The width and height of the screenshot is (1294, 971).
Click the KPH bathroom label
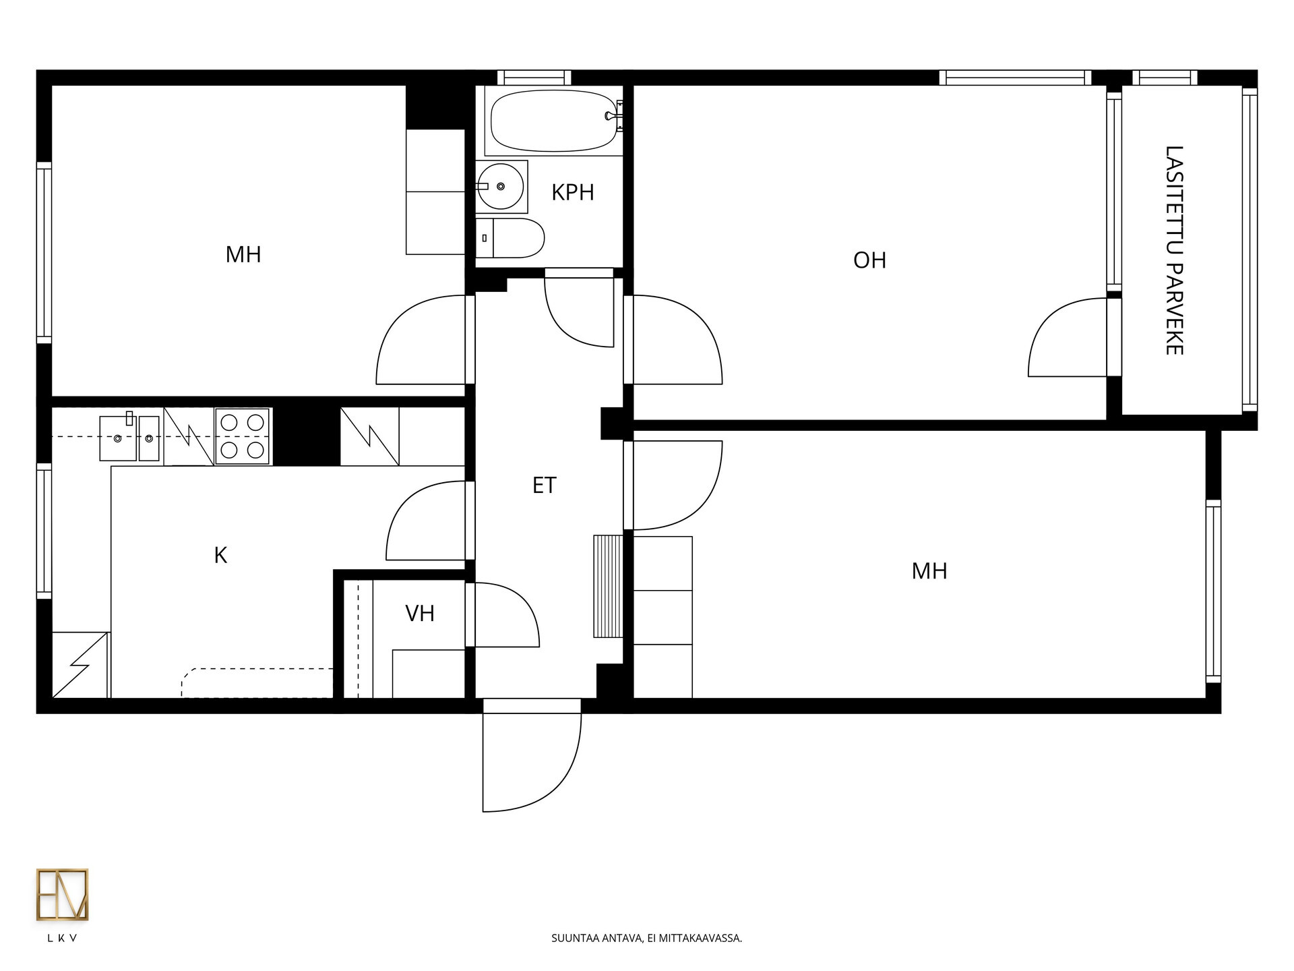point(573,193)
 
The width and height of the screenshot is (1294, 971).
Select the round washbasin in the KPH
point(501,186)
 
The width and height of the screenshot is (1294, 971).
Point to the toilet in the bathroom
point(510,238)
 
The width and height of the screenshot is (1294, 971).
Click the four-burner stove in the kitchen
point(243,436)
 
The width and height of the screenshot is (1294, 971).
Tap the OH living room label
point(869,260)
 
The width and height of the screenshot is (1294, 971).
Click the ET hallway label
point(545,486)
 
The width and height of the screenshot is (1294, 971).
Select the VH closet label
point(420,614)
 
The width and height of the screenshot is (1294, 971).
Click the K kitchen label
point(220,556)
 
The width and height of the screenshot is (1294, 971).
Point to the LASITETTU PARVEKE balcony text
point(1175,250)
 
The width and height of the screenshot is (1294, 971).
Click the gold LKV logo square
point(62,895)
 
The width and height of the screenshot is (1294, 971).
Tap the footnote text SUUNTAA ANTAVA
point(596,938)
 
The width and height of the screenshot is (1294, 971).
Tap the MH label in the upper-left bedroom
point(243,255)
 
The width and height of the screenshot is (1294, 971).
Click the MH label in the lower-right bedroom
point(929,572)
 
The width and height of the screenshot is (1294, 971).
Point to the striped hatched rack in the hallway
point(608,586)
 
